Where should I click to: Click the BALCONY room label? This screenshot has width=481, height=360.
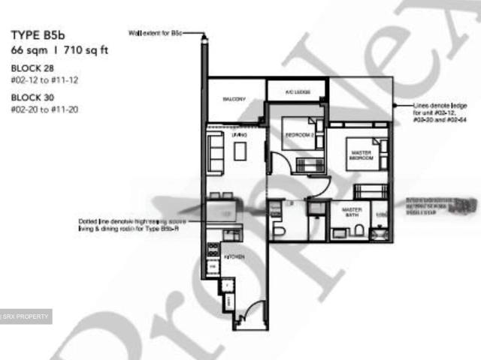click(234, 99)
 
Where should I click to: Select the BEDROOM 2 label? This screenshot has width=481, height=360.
click(298, 135)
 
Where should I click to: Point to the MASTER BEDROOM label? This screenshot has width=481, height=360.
click(362, 156)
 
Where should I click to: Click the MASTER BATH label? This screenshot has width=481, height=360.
click(352, 212)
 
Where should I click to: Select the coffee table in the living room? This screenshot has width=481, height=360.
click(240, 151)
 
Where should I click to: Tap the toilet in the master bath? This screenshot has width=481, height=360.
click(362, 231)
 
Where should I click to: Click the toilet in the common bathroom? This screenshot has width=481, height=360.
click(280, 229)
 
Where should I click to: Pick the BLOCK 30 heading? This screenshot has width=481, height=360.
click(31, 97)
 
